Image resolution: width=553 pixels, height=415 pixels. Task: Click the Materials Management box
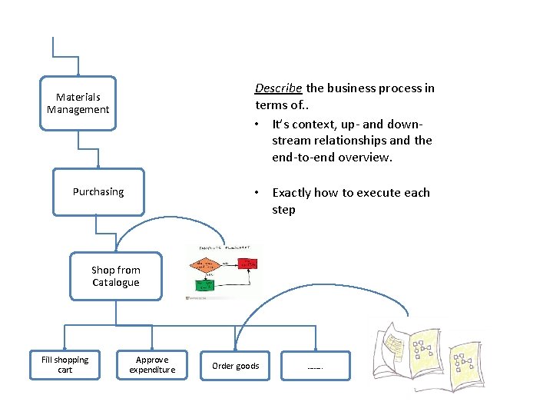pos(78,104)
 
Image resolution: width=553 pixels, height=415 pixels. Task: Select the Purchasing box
pos(98,191)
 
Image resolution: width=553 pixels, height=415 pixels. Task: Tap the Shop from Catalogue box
pos(115,276)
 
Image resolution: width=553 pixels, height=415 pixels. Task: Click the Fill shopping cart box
pos(65,365)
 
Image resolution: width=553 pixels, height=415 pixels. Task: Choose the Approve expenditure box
pos(151,365)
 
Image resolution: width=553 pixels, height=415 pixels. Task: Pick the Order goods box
pos(235,366)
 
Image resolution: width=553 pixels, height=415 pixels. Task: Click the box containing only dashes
pos(315,367)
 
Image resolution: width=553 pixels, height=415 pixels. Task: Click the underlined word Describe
pos(279,88)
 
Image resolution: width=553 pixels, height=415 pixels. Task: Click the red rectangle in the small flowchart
pos(247,264)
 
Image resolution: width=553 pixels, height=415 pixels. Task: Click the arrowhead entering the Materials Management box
pos(78,72)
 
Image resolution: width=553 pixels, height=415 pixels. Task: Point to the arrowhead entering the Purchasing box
pos(98,165)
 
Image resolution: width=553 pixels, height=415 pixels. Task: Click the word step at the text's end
pos(283,210)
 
